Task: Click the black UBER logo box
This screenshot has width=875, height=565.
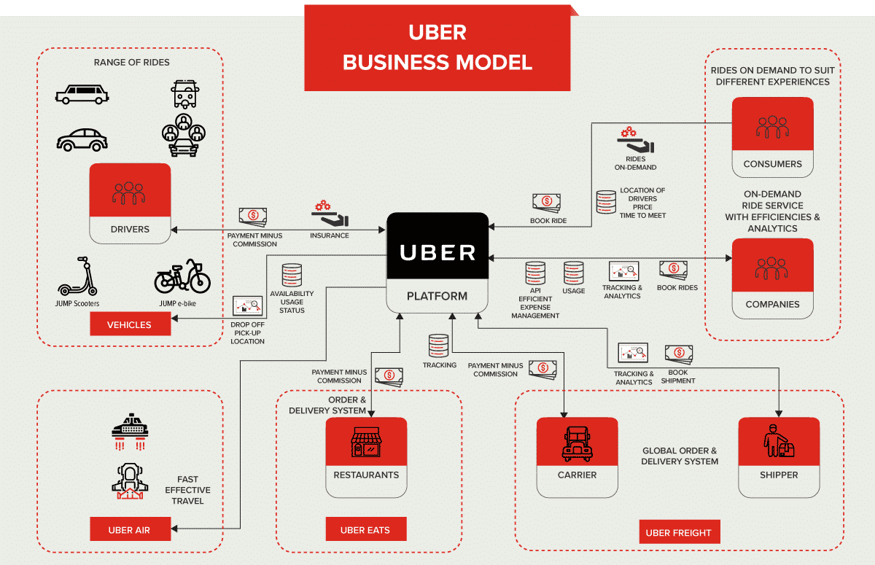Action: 437,252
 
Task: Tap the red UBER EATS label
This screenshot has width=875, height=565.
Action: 365,530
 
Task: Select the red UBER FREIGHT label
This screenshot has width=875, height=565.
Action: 678,532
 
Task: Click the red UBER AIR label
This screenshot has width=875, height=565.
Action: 130,530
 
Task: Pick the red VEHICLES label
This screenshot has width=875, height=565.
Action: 130,324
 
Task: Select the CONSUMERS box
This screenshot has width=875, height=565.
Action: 772,137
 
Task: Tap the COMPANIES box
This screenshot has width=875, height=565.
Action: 772,278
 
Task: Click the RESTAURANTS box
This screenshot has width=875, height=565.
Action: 366,457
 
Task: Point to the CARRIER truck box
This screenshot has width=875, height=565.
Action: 577,457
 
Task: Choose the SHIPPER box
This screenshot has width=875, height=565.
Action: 779,457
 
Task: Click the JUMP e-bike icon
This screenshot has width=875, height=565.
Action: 182,276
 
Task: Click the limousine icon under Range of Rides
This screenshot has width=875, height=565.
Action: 82,94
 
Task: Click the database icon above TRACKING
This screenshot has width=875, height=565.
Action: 439,346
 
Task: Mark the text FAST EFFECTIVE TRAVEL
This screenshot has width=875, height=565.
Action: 187,490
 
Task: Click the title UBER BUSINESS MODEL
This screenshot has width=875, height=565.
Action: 437,47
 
